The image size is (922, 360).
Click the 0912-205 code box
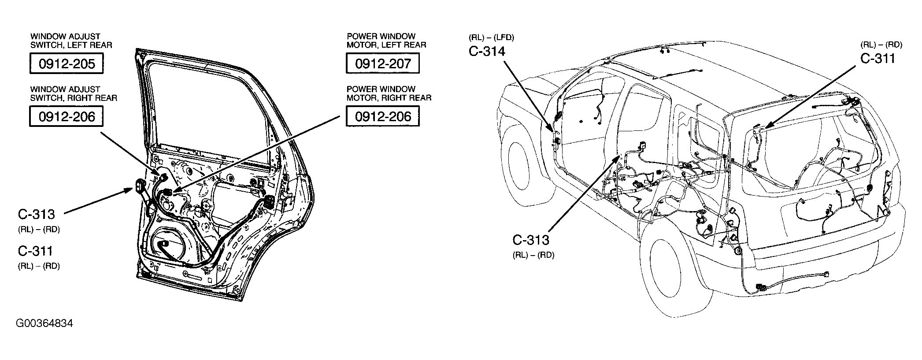[67, 63]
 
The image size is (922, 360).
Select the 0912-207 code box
[382, 63]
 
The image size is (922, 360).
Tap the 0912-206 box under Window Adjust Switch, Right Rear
[67, 117]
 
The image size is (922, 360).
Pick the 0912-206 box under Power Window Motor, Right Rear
[382, 116]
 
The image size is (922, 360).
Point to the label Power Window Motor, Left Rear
[386, 41]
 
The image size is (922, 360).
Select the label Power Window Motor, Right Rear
[389, 93]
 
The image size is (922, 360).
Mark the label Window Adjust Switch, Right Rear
[73, 93]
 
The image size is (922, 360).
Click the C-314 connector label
[487, 52]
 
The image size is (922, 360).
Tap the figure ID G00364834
[44, 323]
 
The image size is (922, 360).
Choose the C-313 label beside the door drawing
[36, 215]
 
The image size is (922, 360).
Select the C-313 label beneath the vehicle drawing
[531, 240]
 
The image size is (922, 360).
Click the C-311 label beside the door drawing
[35, 251]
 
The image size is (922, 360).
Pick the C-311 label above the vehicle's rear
[878, 59]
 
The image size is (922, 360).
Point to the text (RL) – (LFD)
[492, 37]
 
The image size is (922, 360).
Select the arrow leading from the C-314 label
[529, 95]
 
